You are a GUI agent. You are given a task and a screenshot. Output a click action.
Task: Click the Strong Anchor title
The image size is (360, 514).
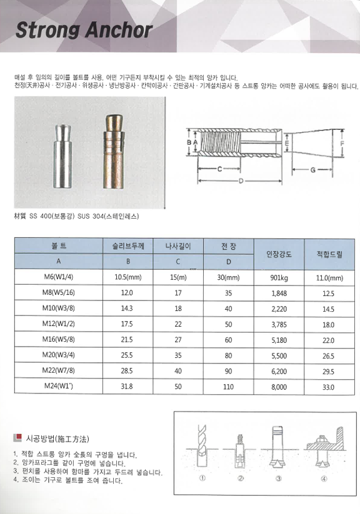pyautogui.click(x=84, y=29)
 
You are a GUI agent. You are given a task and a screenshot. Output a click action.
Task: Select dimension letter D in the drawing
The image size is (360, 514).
pyautogui.click(x=240, y=181)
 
